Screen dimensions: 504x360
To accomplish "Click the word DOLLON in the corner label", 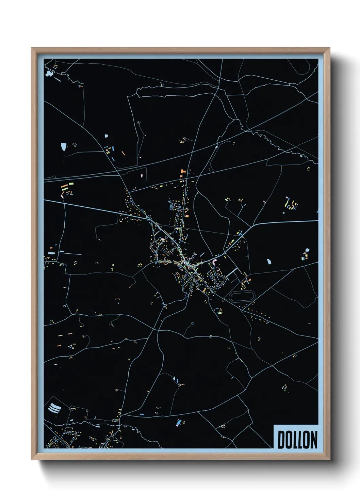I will pos(297,440).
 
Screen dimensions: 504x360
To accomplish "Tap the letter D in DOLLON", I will pos(281,440).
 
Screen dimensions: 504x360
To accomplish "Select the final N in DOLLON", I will pos(314,440).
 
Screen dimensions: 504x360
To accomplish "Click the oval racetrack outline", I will pos(242,296).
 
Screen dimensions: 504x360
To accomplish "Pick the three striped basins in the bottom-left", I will pos(53,408).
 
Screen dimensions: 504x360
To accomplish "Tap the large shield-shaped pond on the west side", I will pos(63,147).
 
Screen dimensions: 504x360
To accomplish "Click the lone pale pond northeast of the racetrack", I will pos(269,262).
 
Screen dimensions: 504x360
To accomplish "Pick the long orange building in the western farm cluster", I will pos(64,186).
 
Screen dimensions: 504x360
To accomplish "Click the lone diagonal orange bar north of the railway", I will pos(123,154).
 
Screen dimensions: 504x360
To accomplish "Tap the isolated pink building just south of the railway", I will pos(142,175).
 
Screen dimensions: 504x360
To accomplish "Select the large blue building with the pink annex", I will pos(178,423).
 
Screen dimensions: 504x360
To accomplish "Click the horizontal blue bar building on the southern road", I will pos(142,414).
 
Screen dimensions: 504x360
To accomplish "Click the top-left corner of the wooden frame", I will pos(32,48).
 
